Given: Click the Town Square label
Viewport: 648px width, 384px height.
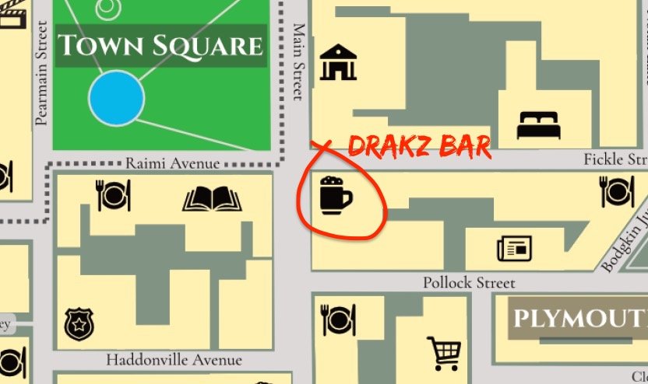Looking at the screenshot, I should point(160,46).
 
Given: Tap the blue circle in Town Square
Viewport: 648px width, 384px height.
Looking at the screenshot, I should point(116,98).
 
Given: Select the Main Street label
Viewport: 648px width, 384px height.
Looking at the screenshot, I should point(298,62).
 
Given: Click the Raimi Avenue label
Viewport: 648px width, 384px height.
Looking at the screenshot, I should point(172,163).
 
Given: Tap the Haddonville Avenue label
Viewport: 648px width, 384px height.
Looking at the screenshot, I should point(174,360).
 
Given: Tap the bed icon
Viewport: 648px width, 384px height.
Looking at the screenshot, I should point(538,124).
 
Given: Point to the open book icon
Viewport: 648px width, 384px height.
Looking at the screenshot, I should point(212,199).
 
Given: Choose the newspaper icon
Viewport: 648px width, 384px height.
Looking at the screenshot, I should point(514,249).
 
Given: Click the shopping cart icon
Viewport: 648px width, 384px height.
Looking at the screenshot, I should point(444,353).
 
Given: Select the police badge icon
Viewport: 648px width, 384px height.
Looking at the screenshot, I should point(79,323).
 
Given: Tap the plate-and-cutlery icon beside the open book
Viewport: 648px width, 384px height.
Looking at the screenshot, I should point(114,195).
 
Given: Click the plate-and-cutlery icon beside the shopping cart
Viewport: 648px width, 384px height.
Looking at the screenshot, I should point(339,319).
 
